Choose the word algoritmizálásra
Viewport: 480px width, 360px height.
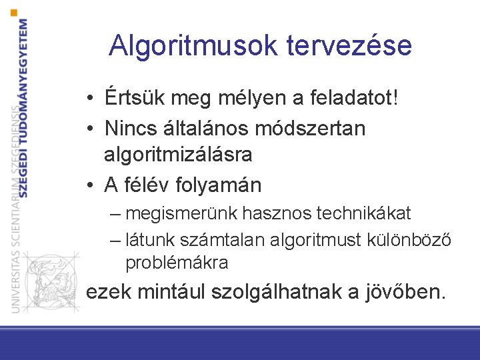178,155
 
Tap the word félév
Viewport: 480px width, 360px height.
149,185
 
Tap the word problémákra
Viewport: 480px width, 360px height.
177,263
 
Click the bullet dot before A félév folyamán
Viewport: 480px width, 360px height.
89,186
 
